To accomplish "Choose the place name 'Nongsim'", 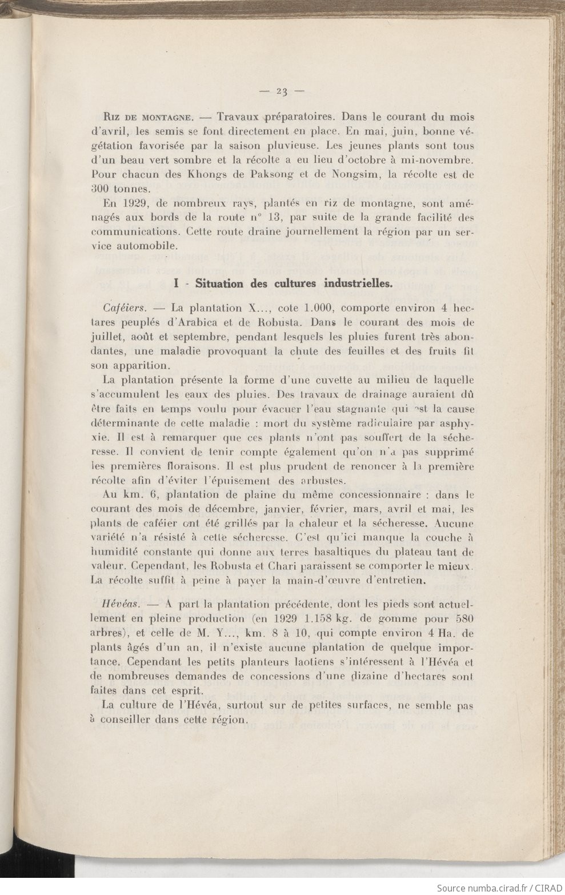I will (351, 173).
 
